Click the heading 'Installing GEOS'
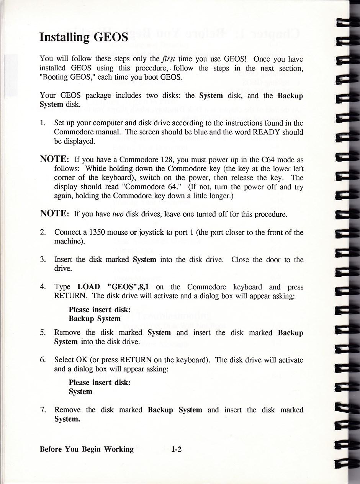pos(83,37)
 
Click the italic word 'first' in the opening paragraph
pos(169,59)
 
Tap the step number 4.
pos(43,287)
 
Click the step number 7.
pos(43,410)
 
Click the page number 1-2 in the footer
pos(177,449)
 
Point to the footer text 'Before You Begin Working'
pos(87,449)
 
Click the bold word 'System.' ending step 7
pos(67,419)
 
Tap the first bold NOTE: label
pos(54,159)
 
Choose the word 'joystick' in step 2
pos(151,232)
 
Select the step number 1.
pos(43,123)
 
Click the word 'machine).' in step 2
pos(69,242)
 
